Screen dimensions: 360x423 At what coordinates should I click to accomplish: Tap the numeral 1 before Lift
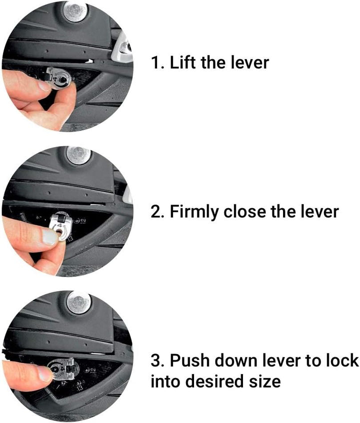[155, 62]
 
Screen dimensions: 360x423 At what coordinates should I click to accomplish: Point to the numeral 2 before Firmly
[156, 211]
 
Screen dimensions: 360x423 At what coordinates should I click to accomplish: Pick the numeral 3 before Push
[156, 360]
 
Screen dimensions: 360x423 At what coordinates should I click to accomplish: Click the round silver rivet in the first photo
[75, 11]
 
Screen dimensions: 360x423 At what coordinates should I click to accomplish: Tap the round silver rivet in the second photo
[78, 155]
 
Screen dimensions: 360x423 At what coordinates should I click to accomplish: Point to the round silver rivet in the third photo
[79, 302]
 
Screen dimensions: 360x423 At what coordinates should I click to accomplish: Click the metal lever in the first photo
[58, 78]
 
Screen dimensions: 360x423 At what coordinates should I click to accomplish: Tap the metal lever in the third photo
[61, 368]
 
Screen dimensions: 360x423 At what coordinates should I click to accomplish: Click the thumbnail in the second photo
[50, 237]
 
